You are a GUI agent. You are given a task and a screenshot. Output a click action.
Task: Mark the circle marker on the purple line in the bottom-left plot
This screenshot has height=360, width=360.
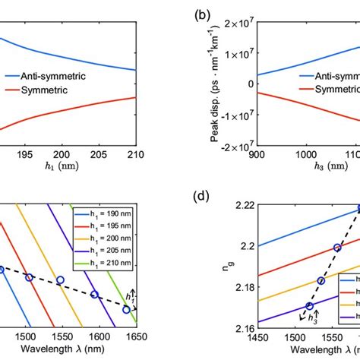coord(94,295)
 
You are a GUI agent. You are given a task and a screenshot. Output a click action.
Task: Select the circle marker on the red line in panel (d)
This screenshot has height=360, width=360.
coord(338,248)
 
